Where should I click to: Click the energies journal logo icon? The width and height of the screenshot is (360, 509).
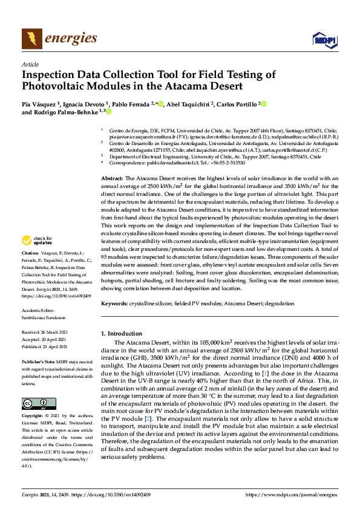pyautogui.click(x=31, y=39)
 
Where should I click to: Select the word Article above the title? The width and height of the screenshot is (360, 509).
pyautogui.click(x=30, y=64)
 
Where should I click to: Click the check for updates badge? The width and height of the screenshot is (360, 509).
pyautogui.click(x=38, y=274)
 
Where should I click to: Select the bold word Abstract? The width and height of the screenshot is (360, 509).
pyautogui.click(x=112, y=162)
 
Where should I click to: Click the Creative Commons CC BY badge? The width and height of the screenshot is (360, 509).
pyautogui.click(x=34, y=403)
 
